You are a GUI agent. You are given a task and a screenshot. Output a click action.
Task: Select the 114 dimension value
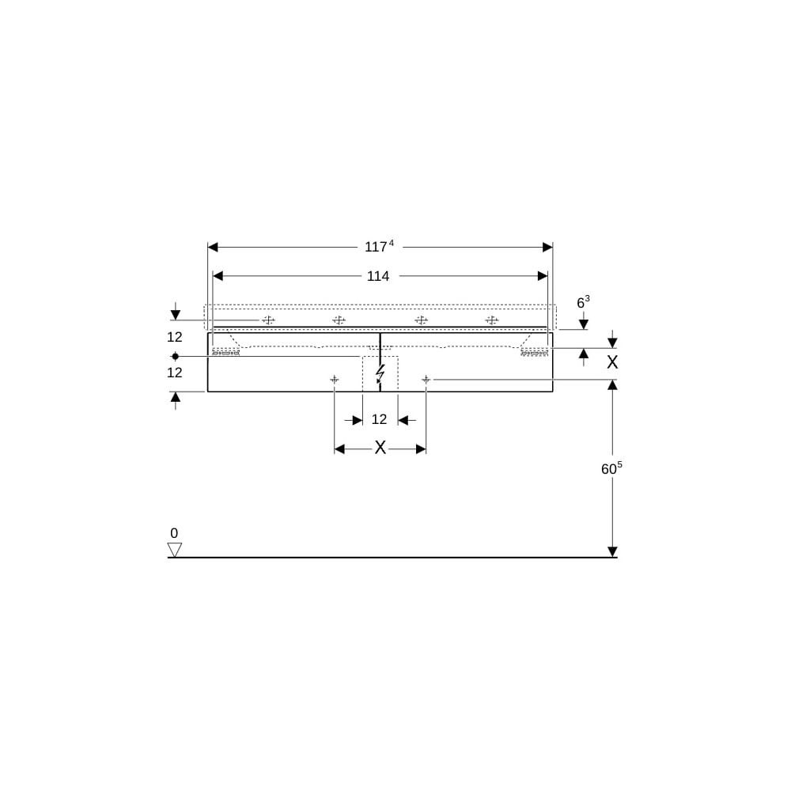tap(378, 276)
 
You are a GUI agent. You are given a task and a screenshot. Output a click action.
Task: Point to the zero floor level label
tap(174, 532)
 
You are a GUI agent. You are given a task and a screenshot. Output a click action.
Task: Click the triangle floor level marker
tap(175, 550)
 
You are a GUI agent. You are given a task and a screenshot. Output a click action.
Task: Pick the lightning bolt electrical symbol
tap(380, 374)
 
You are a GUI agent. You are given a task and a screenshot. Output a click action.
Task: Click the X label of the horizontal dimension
tap(380, 448)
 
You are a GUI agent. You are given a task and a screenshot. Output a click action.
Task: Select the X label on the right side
tap(612, 361)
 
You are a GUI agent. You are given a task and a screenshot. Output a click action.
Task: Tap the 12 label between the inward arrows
tap(379, 419)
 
